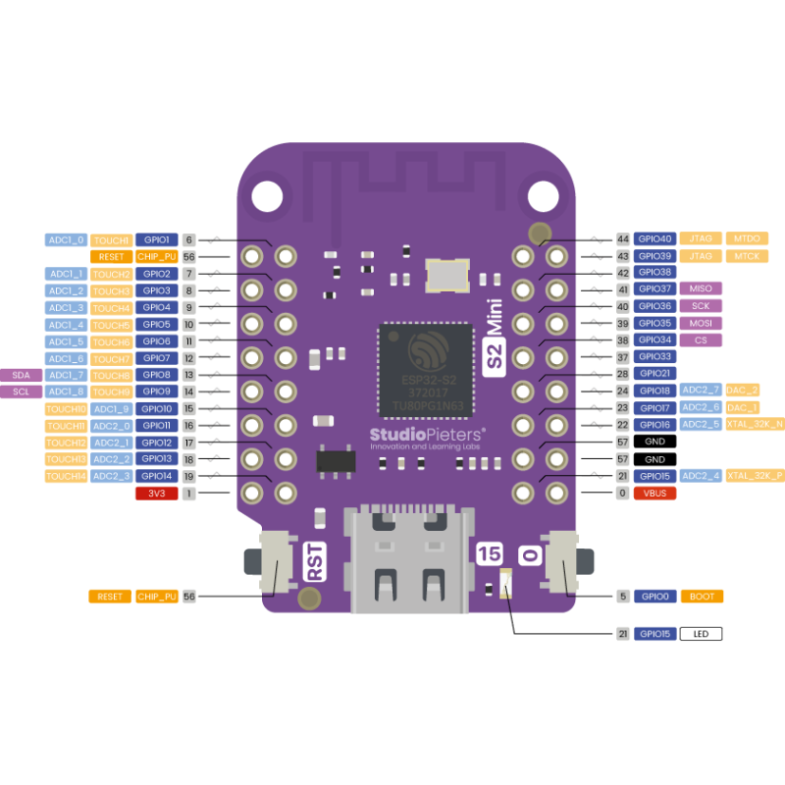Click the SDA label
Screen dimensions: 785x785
click(22, 375)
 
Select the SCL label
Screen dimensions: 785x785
click(22, 392)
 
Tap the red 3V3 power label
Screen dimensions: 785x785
click(156, 494)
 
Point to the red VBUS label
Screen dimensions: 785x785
click(654, 493)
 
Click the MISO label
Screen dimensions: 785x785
click(701, 288)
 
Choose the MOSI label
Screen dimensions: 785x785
click(701, 323)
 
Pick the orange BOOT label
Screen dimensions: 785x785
click(701, 596)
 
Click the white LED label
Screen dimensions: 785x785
click(701, 634)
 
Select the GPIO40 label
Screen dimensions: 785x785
click(654, 238)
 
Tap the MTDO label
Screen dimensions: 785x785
click(747, 238)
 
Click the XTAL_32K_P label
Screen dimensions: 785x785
click(755, 475)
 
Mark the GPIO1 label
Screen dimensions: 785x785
click(156, 239)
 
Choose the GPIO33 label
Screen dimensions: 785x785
click(654, 356)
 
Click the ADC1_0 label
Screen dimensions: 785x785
click(67, 239)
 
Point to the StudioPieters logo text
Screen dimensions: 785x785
click(427, 435)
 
